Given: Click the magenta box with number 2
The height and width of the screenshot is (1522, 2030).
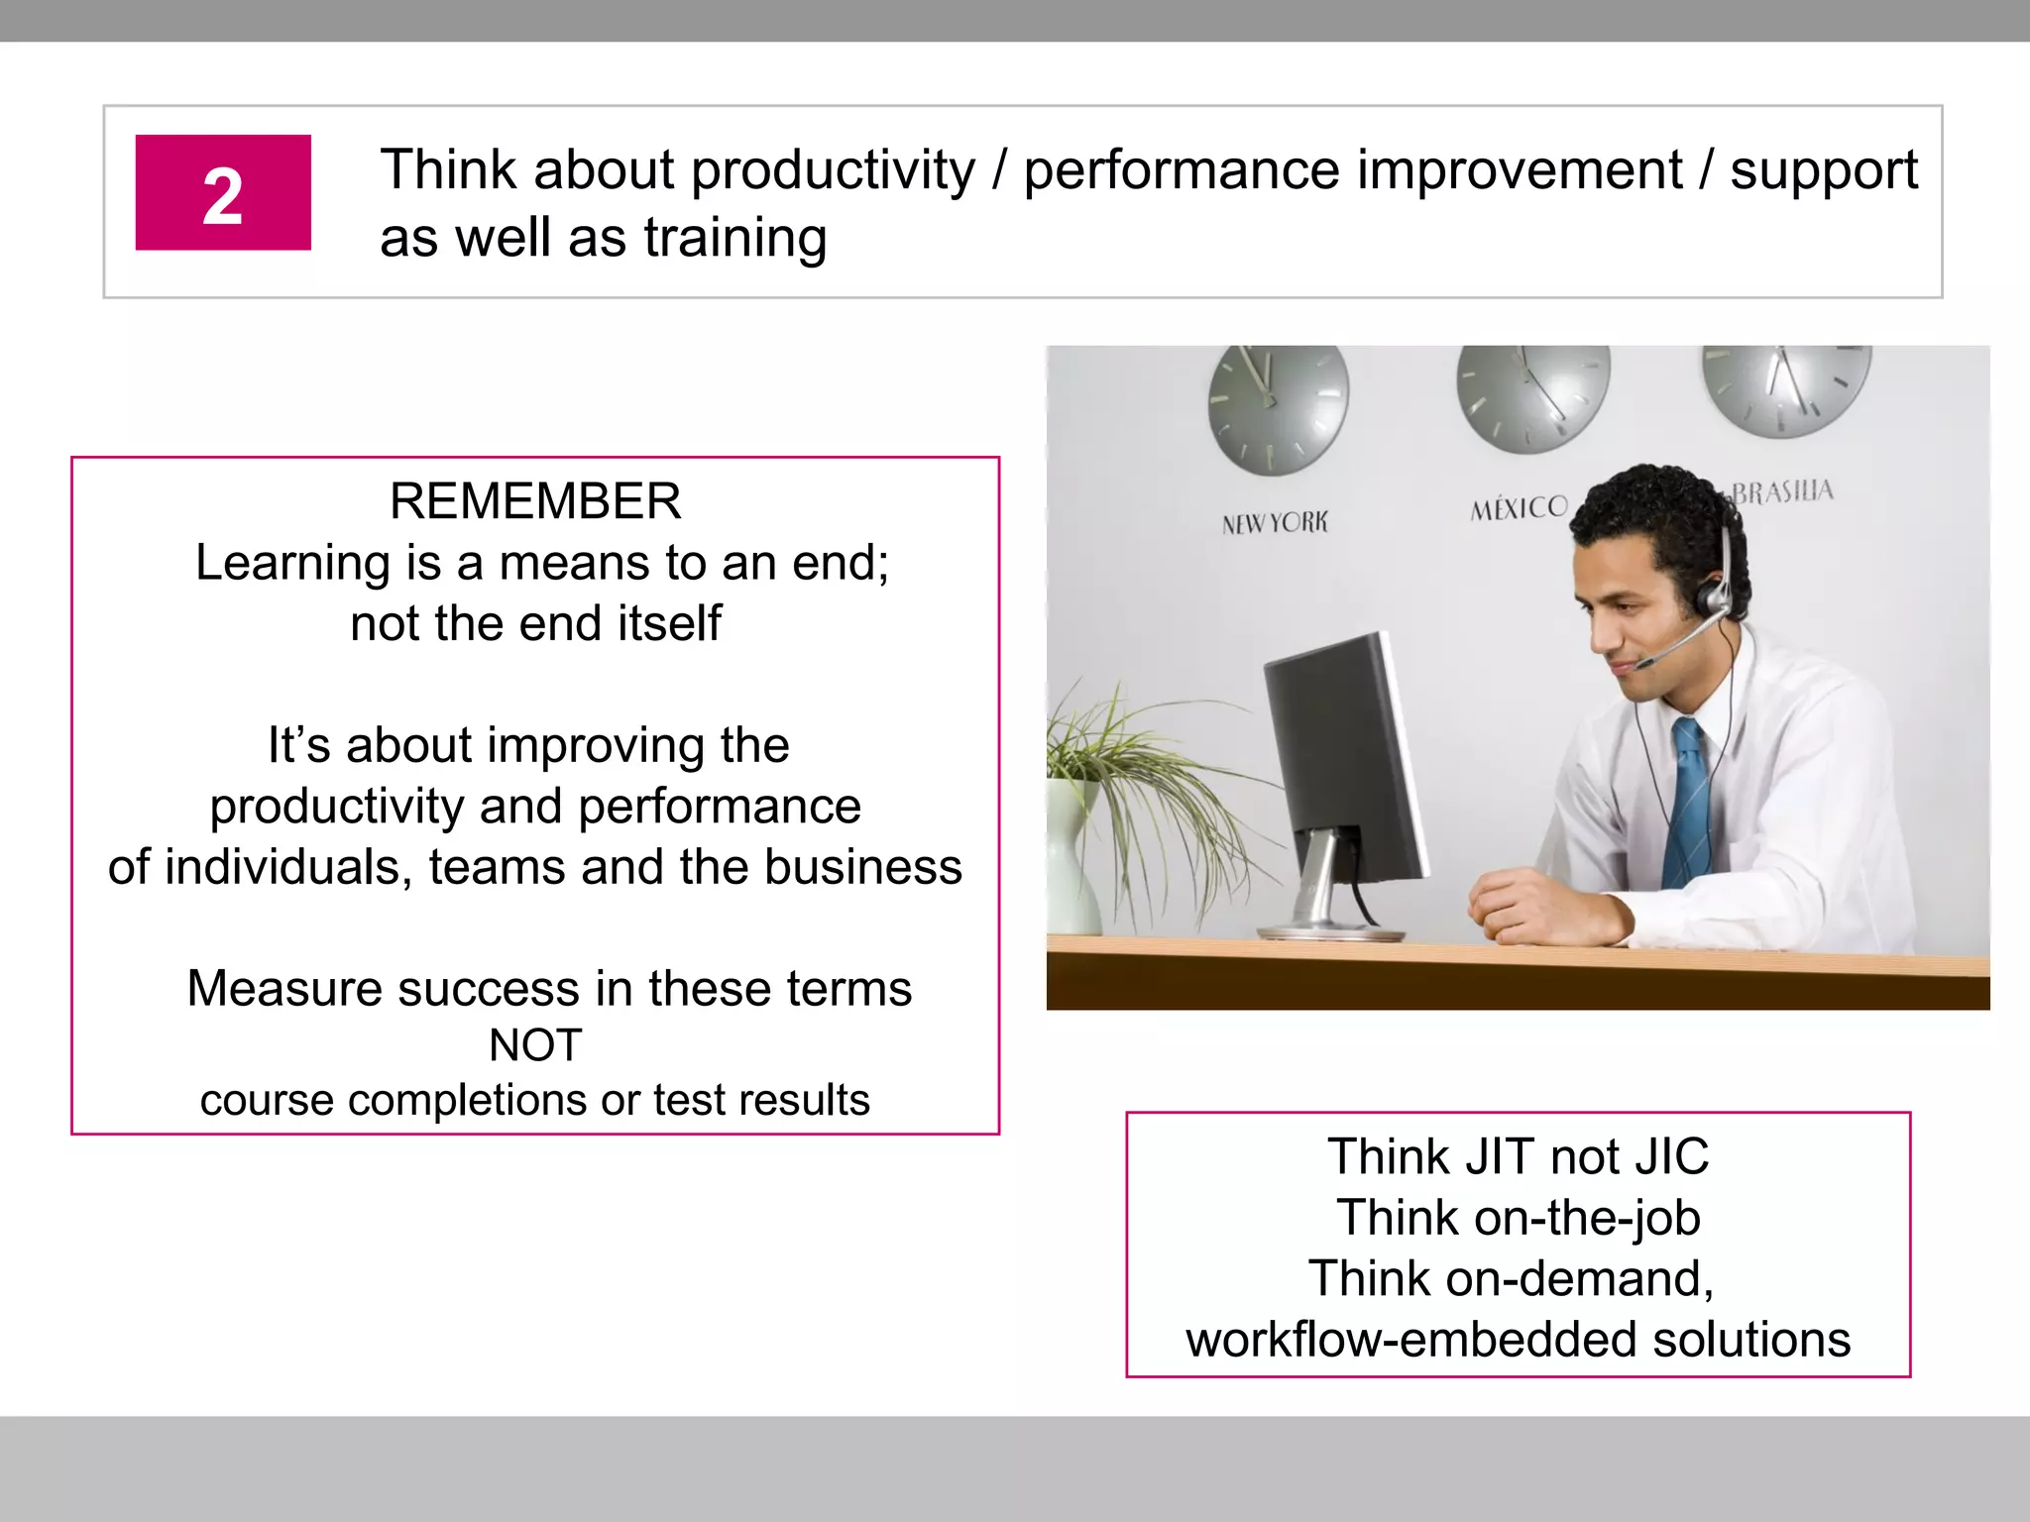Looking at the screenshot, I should tap(223, 193).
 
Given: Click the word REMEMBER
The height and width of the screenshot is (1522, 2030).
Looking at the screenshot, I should tap(535, 501).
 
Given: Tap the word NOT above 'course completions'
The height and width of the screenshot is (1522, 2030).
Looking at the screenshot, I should tap(535, 1046).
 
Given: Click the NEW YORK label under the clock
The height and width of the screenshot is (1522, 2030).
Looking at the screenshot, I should tap(1275, 522).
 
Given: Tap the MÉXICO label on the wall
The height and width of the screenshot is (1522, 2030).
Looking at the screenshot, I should tap(1519, 508).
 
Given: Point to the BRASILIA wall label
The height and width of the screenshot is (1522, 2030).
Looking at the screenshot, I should tap(1782, 491).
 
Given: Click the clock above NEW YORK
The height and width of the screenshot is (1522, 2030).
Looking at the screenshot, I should tap(1278, 406).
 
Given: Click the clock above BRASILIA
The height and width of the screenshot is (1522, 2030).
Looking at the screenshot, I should tap(1786, 387).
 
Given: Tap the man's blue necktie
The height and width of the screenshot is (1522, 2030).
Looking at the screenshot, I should tap(1690, 803).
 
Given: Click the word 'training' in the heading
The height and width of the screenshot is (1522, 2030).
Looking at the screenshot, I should tap(735, 239).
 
